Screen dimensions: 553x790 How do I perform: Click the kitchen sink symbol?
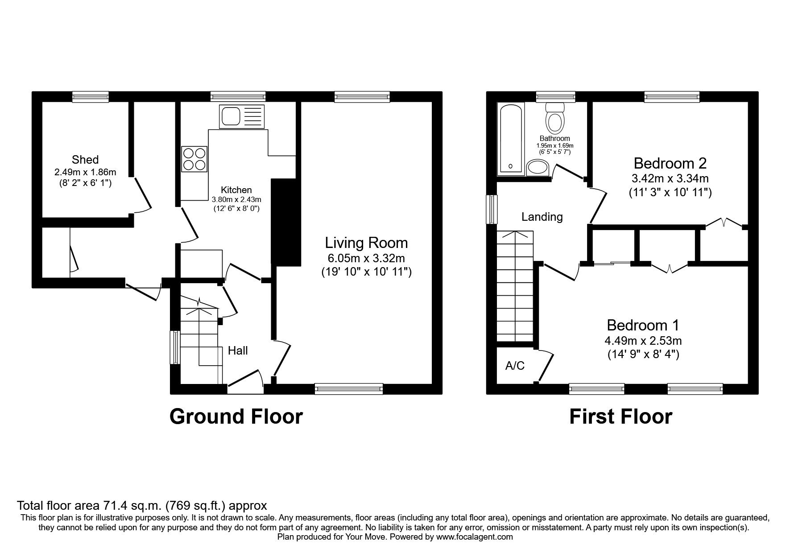click(x=241, y=116)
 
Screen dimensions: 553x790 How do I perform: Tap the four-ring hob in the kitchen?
click(x=194, y=159)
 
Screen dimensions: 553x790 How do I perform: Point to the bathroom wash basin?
click(x=538, y=168)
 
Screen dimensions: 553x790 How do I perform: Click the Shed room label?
click(x=85, y=160)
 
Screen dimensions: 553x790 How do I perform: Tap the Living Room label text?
click(x=366, y=243)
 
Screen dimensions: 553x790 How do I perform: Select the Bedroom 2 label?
click(x=670, y=163)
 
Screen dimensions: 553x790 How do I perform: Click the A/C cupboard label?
click(x=515, y=366)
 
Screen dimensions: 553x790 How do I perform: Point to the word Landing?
click(x=542, y=217)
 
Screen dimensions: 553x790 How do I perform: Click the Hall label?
click(x=238, y=351)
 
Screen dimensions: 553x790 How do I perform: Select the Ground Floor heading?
click(x=236, y=417)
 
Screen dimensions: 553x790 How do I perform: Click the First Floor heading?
click(x=620, y=417)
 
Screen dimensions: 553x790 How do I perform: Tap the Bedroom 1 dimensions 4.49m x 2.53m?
click(x=643, y=341)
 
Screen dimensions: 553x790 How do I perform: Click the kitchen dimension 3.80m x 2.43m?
click(x=236, y=200)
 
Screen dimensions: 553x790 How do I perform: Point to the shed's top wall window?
click(x=91, y=96)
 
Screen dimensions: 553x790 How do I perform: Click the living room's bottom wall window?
click(x=349, y=389)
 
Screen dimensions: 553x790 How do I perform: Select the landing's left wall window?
click(x=492, y=209)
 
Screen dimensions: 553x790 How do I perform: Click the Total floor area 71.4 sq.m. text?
click(x=142, y=506)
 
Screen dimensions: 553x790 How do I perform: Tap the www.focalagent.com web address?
click(x=474, y=537)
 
